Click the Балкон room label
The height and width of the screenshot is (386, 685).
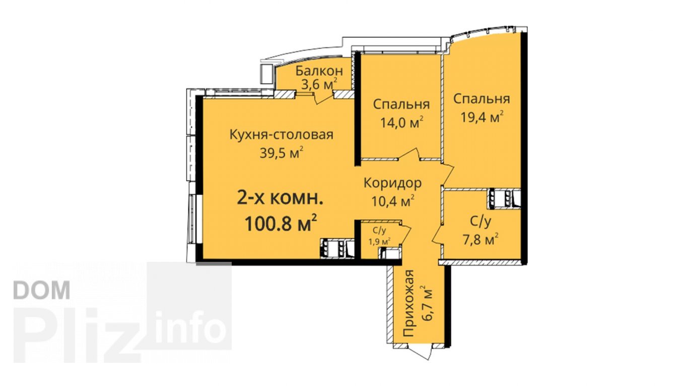coord(319,71)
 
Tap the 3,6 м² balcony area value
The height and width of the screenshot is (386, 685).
coord(319,84)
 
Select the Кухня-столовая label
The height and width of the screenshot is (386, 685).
coord(282,135)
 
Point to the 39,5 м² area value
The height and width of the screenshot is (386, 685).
coord(282,152)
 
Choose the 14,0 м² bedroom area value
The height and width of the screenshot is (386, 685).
coord(402,123)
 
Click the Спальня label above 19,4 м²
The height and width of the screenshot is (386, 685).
coord(482,99)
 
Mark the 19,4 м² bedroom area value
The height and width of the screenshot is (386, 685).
coord(482,117)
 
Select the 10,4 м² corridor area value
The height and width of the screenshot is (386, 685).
coord(393,201)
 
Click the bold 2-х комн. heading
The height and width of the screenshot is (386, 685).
coord(281,200)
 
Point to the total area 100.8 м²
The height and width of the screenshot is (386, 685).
coord(281,224)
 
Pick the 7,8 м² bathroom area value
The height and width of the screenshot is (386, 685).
coord(481,239)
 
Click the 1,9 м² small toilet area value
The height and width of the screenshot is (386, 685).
coord(379,241)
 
